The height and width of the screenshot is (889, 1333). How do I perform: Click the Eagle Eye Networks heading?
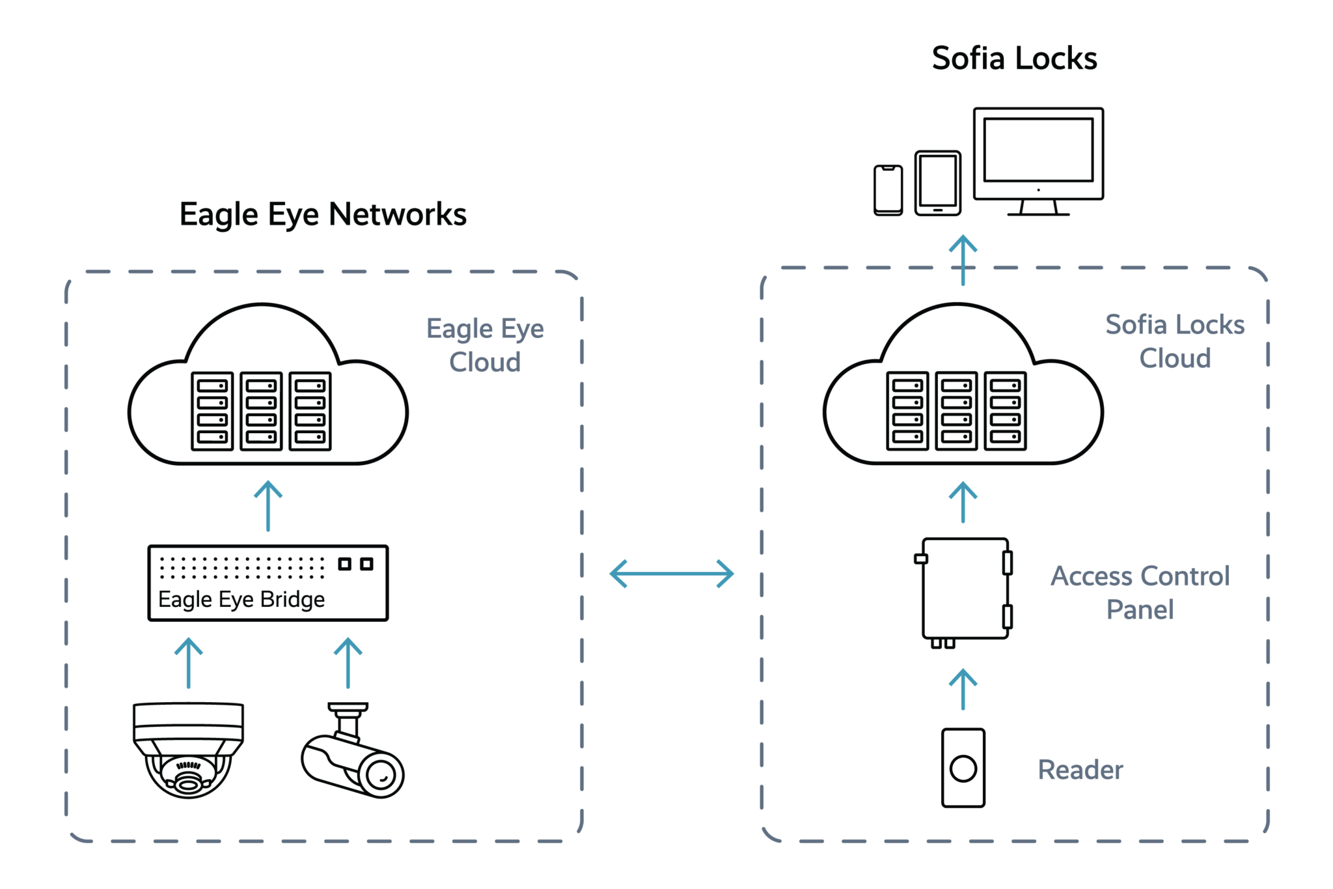pos(323,214)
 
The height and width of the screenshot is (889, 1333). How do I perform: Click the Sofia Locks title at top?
pos(1014,59)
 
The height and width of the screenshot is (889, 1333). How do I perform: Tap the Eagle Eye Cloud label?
pos(485,345)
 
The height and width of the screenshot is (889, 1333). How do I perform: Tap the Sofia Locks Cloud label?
pos(1175,341)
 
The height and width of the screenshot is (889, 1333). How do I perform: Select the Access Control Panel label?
pos(1140,593)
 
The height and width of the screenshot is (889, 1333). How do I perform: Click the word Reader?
pos(1080,770)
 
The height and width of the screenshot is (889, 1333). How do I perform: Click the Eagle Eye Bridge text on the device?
pos(241,599)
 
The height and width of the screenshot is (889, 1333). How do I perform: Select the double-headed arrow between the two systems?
pos(672,574)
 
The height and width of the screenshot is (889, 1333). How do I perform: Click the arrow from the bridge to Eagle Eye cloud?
pos(268,506)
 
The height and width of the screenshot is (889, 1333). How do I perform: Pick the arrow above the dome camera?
pos(189,662)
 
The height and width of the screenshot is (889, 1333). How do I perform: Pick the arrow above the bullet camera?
pos(348,662)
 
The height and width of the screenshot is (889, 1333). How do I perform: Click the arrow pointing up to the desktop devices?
pos(963,260)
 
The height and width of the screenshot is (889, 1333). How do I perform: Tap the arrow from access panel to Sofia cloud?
pos(963,502)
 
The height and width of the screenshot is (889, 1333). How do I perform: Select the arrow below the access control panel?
pos(963,689)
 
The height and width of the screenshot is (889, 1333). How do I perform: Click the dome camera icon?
pos(188,749)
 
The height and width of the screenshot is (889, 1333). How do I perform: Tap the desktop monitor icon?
pos(1038,156)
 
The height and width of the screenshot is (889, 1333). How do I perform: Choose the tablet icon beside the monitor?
pos(938,183)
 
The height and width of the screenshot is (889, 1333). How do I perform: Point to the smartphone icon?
pos(888,190)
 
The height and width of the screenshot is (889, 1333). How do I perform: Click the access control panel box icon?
pos(965,589)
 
